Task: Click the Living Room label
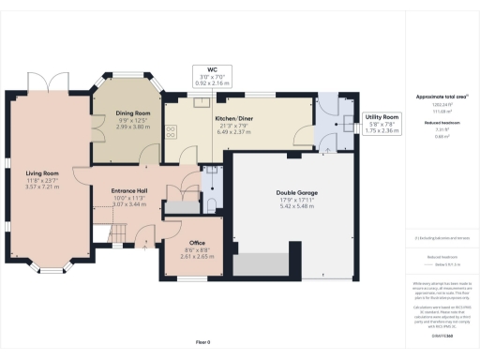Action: coord(41,172)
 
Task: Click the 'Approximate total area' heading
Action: coord(434,97)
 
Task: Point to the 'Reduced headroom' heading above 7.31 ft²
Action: coord(434,123)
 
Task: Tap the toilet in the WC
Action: coord(213,203)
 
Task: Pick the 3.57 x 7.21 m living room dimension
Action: coord(41,186)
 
